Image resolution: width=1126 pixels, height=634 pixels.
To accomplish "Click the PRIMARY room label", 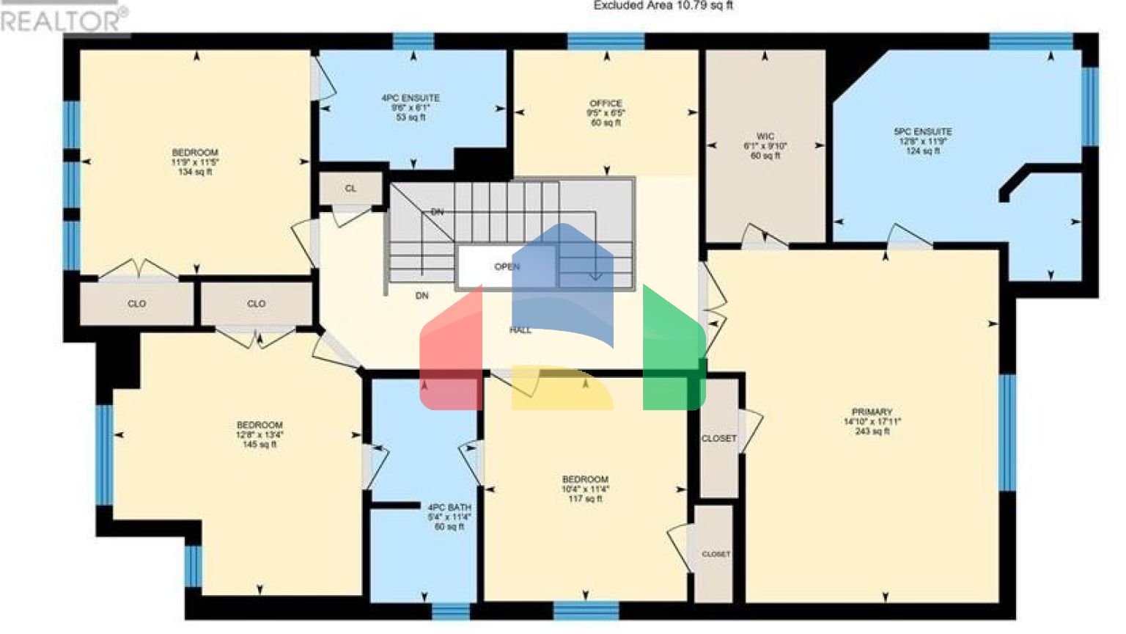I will tap(872, 412).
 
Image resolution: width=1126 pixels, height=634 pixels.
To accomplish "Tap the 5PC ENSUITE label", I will tap(922, 132).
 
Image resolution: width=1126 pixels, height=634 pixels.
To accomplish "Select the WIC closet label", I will tap(765, 136).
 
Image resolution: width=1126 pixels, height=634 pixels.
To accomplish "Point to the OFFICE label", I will tap(606, 103).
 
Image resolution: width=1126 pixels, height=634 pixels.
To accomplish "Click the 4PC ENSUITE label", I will tap(411, 98).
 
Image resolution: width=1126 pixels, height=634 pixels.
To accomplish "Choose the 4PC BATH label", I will tap(449, 508).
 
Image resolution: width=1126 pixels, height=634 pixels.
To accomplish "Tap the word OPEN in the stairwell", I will tap(507, 267).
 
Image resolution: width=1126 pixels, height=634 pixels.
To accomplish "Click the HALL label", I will tap(520, 330).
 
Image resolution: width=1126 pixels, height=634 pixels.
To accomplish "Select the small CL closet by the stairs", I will tap(350, 189).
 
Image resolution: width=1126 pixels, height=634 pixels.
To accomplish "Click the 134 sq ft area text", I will tap(195, 172).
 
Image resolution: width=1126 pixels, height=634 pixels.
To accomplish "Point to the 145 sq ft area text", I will tap(260, 445).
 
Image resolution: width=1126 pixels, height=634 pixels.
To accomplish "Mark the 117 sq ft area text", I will tap(585, 499).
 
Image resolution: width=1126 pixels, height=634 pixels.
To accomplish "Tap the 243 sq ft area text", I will tap(872, 431).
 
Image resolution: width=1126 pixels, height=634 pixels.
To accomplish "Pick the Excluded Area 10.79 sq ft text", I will tap(663, 6).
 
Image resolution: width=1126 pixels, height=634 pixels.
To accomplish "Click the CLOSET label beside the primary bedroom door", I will tap(718, 439).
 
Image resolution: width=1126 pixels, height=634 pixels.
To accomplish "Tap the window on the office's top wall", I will tap(606, 41).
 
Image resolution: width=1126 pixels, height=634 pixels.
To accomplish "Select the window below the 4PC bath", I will tap(450, 611).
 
